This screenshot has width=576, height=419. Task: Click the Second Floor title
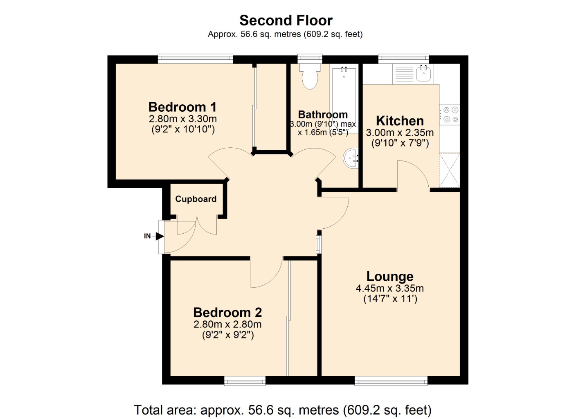[286, 20]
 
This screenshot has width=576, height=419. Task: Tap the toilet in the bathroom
[310, 76]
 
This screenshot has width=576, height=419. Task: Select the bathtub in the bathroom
[344, 99]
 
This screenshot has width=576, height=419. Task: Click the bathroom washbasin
[351, 158]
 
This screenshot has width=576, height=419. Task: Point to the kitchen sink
[423, 73]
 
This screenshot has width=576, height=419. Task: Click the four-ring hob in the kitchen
[449, 115]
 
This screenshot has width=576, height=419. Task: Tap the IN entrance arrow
[160, 236]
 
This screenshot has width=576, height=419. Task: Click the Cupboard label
[196, 199]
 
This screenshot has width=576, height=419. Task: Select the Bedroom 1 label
[182, 107]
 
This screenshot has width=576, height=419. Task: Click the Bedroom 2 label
[227, 313]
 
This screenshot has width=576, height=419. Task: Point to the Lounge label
[390, 277]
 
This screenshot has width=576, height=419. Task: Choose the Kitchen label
[400, 121]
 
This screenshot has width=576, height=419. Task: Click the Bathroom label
[323, 115]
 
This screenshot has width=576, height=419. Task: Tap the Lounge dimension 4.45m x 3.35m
[390, 288]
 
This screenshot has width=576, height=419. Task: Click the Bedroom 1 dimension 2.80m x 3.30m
[182, 119]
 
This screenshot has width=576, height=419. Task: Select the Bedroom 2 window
[245, 381]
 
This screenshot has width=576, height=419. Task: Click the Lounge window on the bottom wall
[391, 381]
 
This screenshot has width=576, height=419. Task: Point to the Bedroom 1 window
[195, 59]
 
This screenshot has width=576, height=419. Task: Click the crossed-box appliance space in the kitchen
[450, 170]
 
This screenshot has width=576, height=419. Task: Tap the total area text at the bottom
[283, 410]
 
